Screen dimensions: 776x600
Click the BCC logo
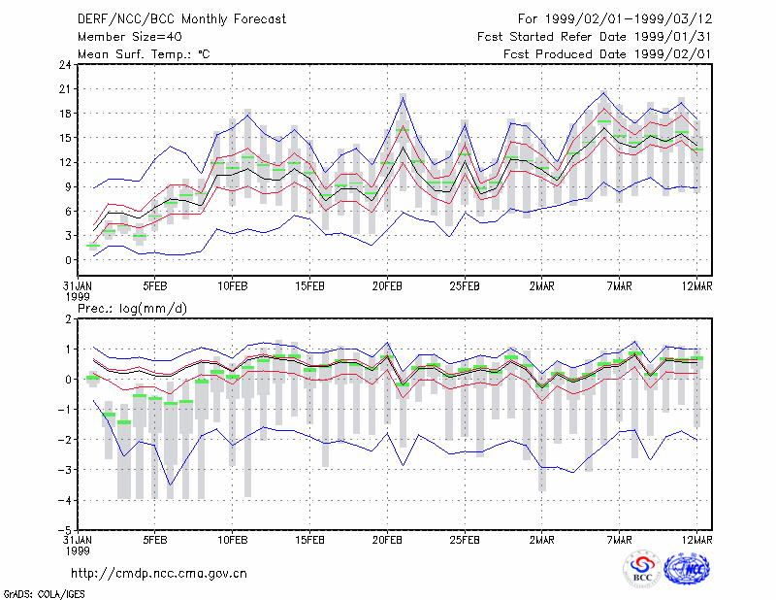click(642, 570)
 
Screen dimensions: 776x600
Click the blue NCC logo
click(687, 569)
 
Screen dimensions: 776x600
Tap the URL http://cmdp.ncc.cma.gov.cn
click(159, 574)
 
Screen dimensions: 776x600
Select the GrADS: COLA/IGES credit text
click(44, 594)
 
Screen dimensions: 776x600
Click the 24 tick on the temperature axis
click(65, 64)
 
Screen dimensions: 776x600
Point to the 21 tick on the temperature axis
click(65, 89)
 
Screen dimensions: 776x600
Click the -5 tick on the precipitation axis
click(65, 531)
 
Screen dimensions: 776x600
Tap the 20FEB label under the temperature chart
click(387, 286)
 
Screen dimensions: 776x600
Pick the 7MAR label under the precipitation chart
click(620, 540)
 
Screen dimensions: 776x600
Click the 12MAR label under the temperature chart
click(696, 286)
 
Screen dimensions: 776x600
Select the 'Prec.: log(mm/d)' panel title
click(132, 309)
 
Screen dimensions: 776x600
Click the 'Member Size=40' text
click(130, 37)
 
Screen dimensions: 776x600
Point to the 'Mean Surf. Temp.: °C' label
click(144, 54)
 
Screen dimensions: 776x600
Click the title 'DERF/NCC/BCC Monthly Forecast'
click(181, 19)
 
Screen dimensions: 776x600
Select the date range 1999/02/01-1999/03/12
click(629, 19)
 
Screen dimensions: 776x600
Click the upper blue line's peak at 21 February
click(404, 98)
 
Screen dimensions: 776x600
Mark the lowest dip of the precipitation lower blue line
click(171, 485)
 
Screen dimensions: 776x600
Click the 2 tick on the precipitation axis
click(68, 318)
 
